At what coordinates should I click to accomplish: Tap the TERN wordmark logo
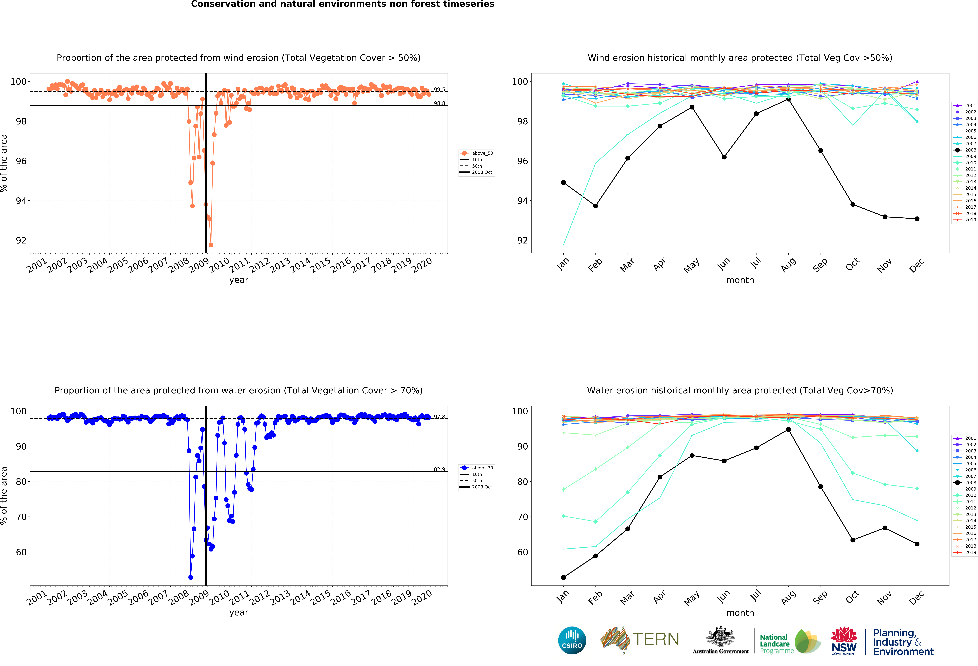point(656,640)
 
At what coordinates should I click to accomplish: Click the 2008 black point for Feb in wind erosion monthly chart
point(595,206)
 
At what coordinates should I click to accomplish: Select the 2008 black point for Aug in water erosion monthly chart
point(788,430)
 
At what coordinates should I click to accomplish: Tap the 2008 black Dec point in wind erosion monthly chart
point(917,219)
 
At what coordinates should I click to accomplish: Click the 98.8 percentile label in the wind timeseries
point(439,103)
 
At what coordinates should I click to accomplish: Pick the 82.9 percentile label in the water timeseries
point(439,469)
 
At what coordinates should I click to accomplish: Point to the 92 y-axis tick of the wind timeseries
point(21,240)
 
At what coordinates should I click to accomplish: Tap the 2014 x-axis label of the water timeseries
point(301,597)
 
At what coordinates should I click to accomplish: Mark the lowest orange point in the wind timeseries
point(211,245)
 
